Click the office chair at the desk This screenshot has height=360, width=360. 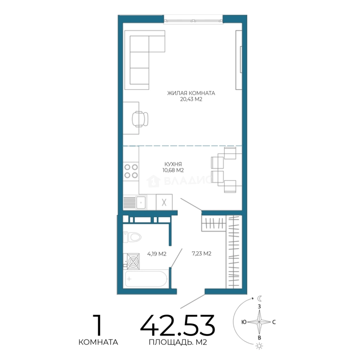[140, 119]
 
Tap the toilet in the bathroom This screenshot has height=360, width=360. [132, 237]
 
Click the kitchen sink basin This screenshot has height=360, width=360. [141, 203]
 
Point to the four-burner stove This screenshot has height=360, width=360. [131, 171]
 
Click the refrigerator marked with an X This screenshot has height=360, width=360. [164, 202]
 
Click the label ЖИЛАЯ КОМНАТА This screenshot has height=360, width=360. [191, 93]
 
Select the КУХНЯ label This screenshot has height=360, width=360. [173, 164]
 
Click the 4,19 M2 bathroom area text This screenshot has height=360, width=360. [157, 254]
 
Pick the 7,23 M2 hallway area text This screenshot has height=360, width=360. [201, 254]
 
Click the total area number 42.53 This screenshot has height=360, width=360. [177, 325]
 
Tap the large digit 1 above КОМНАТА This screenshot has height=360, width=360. [98, 325]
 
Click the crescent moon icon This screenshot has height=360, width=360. [259, 298]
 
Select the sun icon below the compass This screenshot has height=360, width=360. [259, 346]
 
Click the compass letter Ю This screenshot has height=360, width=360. [244, 322]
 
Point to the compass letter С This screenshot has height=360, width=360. [274, 322]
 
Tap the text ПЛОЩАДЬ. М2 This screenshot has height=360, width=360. [178, 342]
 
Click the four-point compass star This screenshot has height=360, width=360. [259, 322]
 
